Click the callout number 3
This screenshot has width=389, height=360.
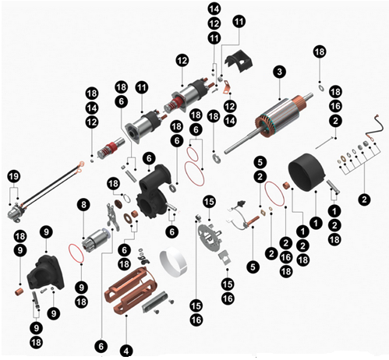pyautogui.click(x=276, y=72)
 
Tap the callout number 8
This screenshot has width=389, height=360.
pyautogui.click(x=83, y=205)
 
